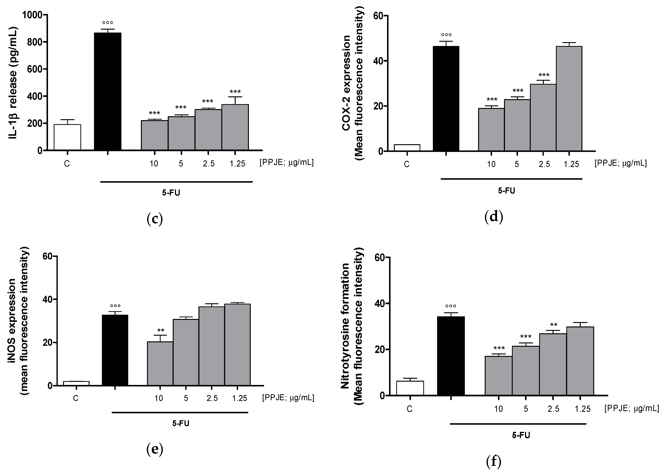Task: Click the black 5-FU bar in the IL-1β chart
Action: point(108,91)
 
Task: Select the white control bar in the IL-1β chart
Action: point(67,137)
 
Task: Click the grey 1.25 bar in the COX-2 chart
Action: point(569,98)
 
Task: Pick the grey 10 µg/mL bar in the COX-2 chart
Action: point(491,129)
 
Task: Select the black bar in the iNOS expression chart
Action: point(115,350)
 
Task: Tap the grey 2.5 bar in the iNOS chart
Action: point(212,346)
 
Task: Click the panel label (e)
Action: point(155,449)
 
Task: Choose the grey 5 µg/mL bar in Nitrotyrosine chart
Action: point(526,370)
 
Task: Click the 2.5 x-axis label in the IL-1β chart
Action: point(208,164)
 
